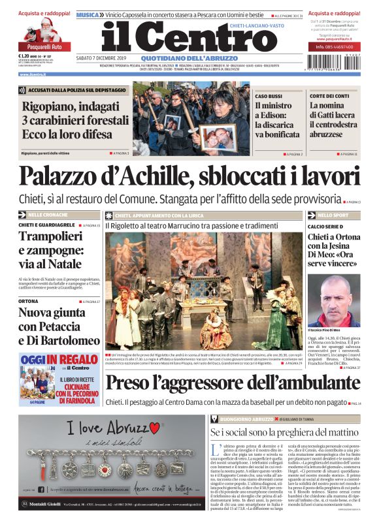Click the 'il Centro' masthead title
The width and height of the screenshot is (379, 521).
pyautogui.click(x=180, y=38)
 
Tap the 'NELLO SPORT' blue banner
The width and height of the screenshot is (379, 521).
pyautogui.click(x=333, y=215)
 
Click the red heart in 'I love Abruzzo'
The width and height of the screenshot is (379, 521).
pyautogui.click(x=155, y=428)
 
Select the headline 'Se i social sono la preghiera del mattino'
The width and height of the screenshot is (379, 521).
pyautogui.click(x=284, y=432)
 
